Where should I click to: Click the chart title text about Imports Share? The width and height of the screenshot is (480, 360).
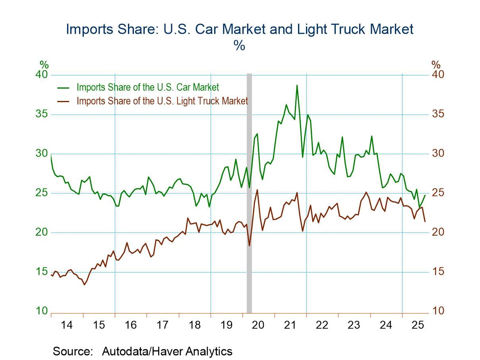click(239, 29)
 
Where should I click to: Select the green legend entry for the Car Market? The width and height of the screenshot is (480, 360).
click(147, 87)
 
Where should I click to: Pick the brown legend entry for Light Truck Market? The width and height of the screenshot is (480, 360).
click(162, 101)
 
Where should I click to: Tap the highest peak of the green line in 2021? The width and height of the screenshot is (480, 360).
click(296, 85)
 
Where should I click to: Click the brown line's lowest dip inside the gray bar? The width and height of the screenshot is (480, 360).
click(249, 246)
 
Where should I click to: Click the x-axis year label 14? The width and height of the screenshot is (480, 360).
click(67, 325)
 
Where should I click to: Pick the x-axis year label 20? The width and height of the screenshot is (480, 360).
click(258, 325)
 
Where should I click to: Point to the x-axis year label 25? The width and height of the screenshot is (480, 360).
click(418, 325)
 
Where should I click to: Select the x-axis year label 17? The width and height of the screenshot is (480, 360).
click(162, 325)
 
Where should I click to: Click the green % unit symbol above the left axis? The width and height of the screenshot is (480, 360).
click(44, 65)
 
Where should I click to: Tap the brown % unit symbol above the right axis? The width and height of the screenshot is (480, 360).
click(436, 65)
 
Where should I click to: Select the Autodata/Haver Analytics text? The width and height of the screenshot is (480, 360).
click(167, 351)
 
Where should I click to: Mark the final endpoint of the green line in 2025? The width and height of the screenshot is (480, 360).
click(425, 195)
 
